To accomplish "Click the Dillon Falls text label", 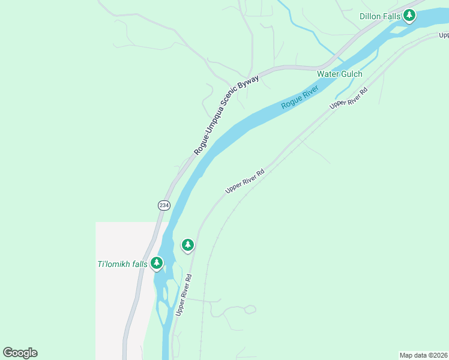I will point(379,16).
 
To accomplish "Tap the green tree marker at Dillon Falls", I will point(409,15).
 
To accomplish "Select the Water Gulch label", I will point(340,74).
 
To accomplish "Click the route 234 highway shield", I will point(164,205).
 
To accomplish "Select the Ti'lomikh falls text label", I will point(122,263).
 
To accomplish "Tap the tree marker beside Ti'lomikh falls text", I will point(157,263).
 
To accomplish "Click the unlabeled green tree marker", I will point(188,245).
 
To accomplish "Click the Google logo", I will point(20,353).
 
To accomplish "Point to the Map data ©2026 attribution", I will point(423,355).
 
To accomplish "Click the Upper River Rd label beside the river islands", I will point(184,295).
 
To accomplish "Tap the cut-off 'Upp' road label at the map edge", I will point(444,35).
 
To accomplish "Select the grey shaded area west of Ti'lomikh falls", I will point(120,300).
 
